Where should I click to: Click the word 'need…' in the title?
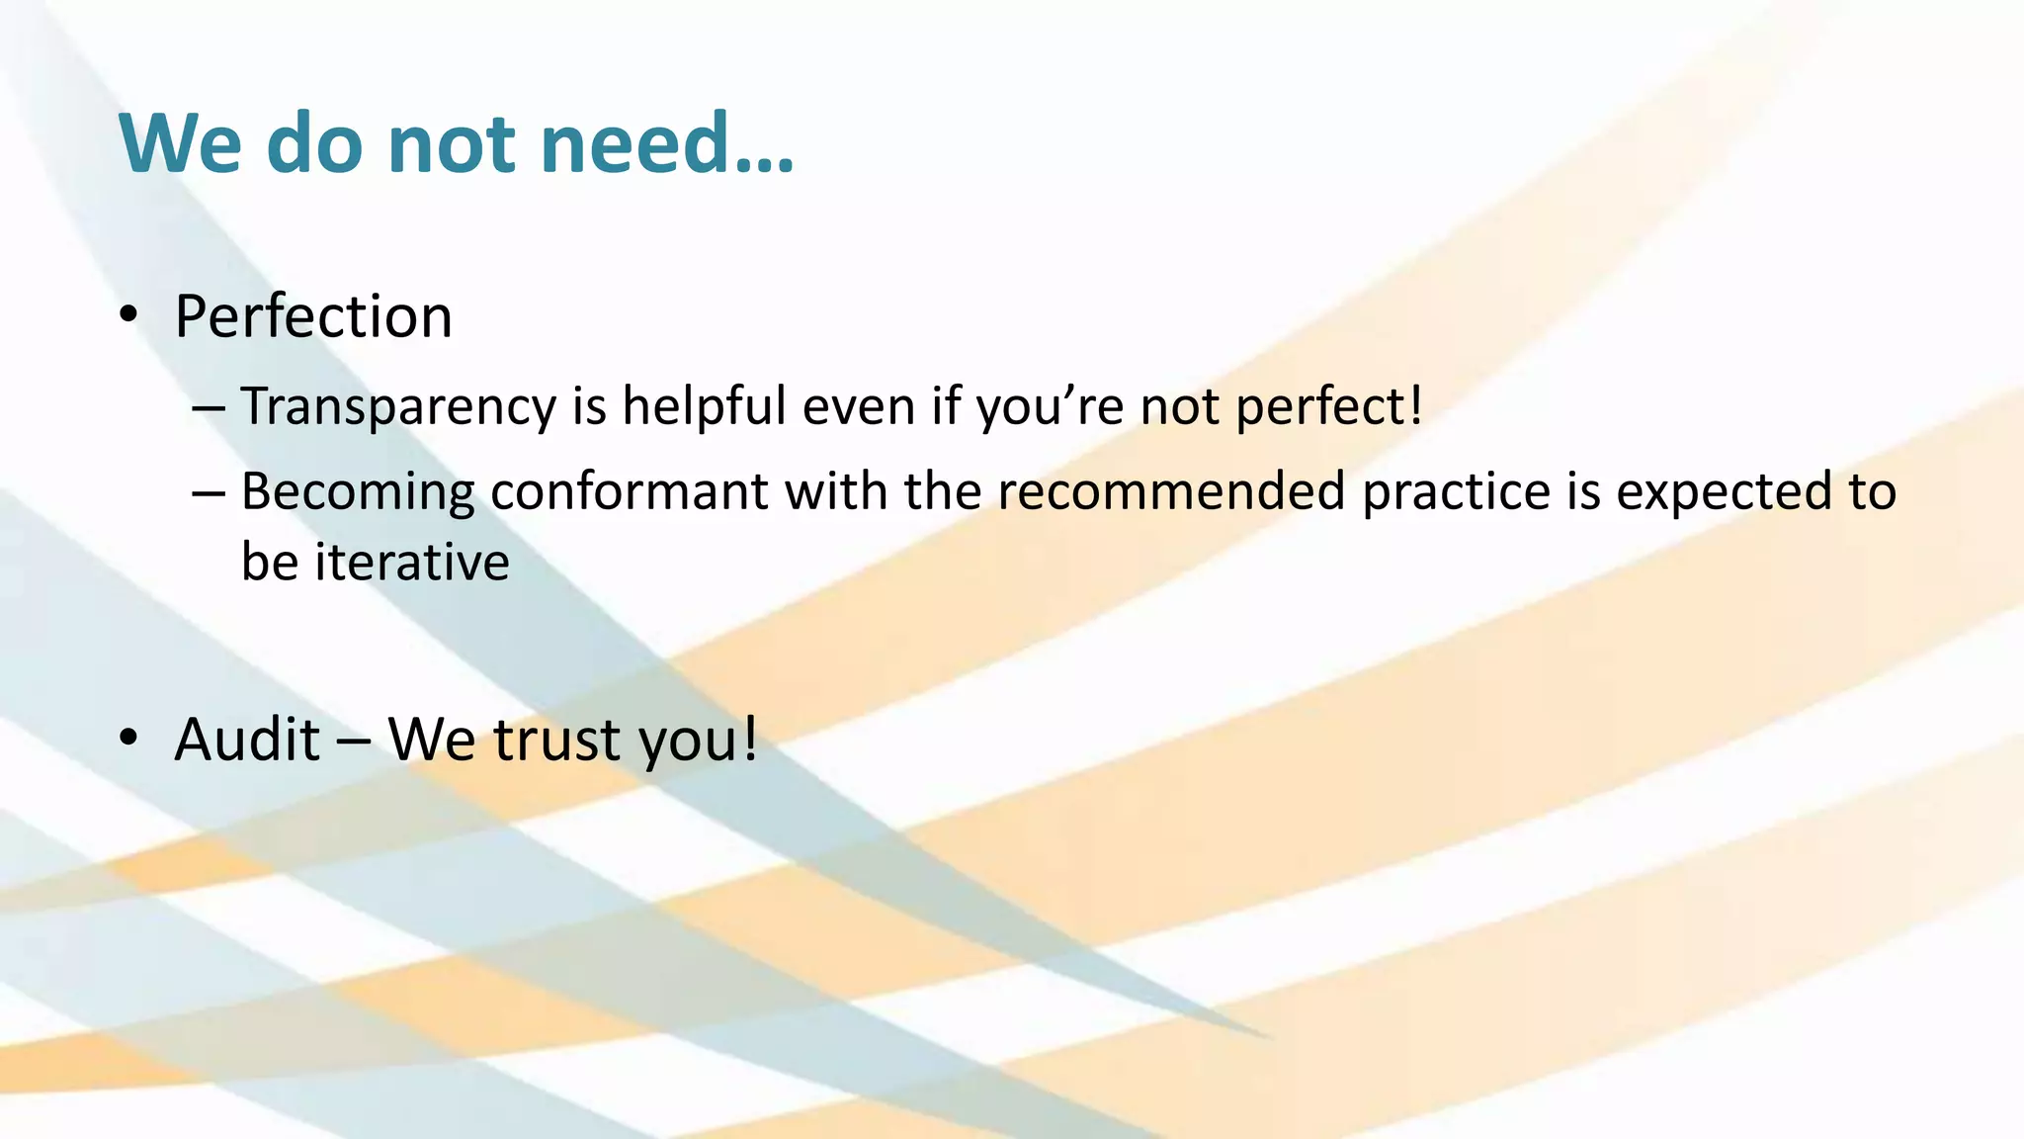click(x=667, y=143)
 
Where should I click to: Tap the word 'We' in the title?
click(x=180, y=143)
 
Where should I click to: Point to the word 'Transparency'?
click(x=398, y=406)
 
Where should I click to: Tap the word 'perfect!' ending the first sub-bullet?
click(x=1329, y=406)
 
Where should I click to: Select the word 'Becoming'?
click(x=357, y=492)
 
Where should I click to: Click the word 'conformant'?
click(x=629, y=492)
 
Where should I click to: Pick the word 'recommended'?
click(x=1171, y=492)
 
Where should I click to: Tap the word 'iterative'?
click(x=411, y=563)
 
